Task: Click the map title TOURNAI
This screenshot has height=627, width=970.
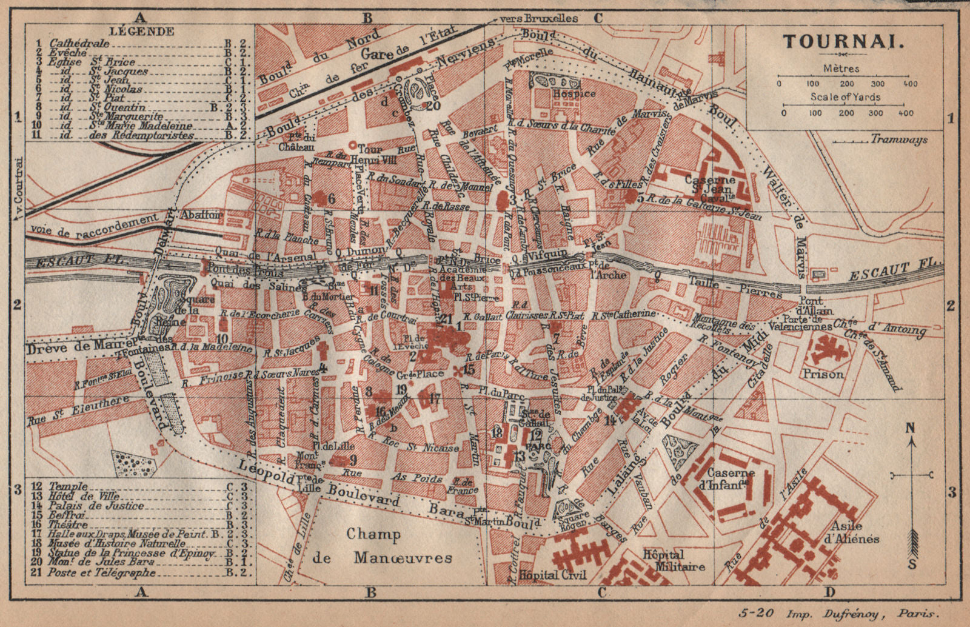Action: [844, 42]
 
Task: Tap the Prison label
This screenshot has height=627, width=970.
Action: [823, 374]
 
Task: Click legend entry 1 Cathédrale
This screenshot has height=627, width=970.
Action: [73, 44]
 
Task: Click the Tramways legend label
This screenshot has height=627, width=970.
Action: [898, 139]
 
